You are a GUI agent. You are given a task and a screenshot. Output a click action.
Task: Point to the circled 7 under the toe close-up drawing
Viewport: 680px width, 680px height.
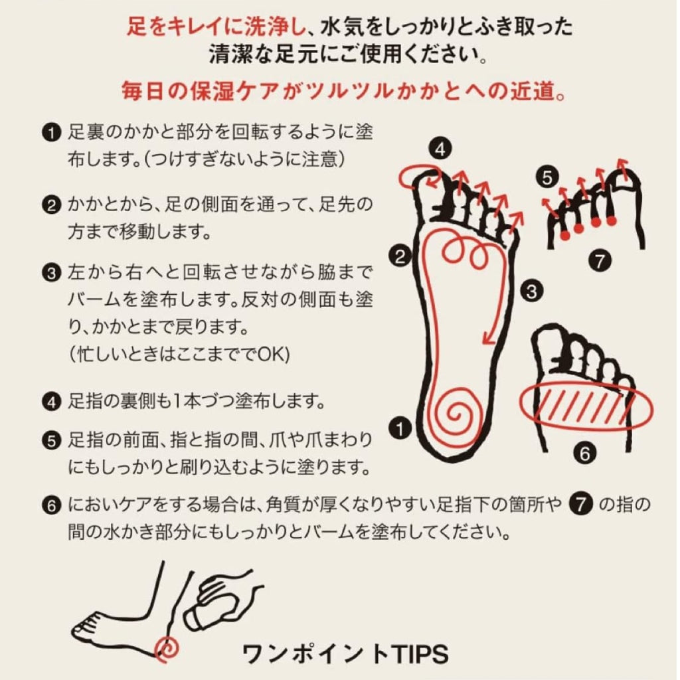point(600,261)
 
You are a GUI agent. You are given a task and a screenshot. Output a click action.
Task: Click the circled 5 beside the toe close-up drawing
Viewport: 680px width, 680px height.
point(546,178)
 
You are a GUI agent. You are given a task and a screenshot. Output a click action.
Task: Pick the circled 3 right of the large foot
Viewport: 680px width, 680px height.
point(529,290)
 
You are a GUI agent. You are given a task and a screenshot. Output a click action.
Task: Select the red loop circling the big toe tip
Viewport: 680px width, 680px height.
point(416,175)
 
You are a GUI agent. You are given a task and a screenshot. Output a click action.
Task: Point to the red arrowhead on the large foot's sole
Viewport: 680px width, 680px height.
point(487,338)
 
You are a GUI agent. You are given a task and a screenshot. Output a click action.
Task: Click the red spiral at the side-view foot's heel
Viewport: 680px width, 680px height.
point(167,647)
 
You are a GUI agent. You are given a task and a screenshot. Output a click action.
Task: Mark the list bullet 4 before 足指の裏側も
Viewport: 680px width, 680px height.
point(51,402)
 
